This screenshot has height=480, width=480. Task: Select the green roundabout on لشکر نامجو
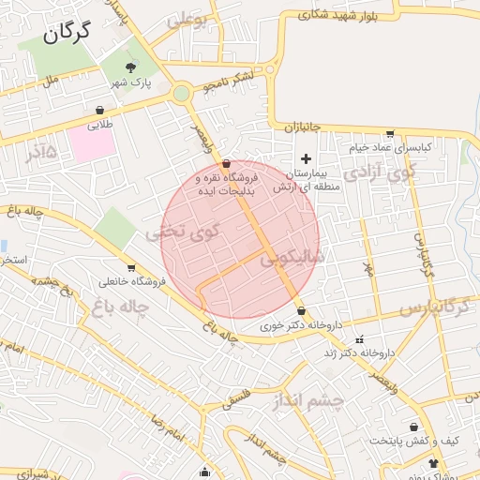[x=181, y=93]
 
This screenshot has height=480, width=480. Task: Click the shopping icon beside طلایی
[x=99, y=110]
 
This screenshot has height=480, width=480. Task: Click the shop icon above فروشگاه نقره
[x=227, y=163]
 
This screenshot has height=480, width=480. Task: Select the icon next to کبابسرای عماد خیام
[x=390, y=133]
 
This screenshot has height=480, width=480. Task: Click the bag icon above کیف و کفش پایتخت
[x=413, y=427]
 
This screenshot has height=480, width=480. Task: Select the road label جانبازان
[x=302, y=126]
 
